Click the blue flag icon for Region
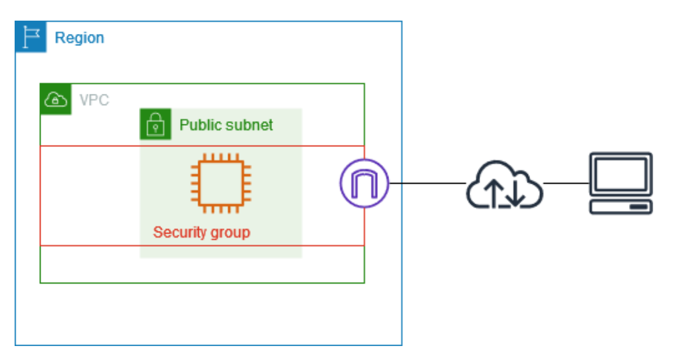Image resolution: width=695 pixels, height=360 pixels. coord(31,37)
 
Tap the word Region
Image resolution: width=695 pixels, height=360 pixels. coord(79,38)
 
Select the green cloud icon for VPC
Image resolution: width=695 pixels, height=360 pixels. coord(56,100)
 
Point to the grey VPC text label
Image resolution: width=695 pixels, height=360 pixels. coord(94,100)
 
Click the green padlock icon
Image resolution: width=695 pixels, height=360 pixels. coord(155,124)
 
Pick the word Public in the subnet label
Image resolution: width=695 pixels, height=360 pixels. coord(198,125)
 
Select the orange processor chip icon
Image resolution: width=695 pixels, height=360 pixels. coord(221,183)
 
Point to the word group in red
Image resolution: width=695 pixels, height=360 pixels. coord(230,233)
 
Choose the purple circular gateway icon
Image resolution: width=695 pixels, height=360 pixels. coord(364,183)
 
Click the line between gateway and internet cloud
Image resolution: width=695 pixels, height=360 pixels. coord(426,183)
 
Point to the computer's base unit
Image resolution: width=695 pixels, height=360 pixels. coord(621,206)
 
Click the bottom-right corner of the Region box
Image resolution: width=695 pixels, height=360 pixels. coord(402,345)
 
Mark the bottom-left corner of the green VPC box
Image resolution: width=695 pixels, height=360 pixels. coord(41,283)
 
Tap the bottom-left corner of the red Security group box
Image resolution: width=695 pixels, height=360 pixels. coord(41,246)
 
